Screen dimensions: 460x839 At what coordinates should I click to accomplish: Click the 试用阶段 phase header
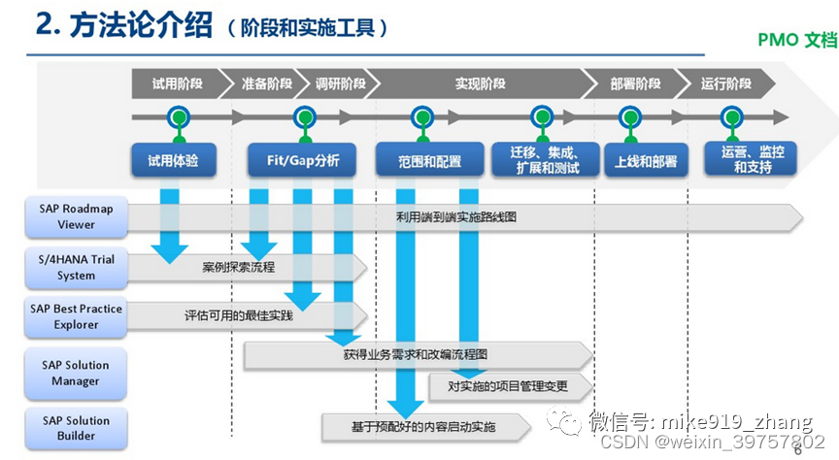click(x=172, y=83)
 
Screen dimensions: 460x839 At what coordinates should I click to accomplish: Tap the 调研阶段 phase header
click(x=340, y=83)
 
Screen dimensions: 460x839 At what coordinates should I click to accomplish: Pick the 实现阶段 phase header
click(x=480, y=83)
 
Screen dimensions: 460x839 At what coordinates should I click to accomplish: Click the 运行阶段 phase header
click(x=725, y=83)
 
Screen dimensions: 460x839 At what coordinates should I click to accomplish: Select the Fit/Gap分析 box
click(x=303, y=160)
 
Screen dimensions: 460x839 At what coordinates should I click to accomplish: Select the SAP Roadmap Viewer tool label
click(x=76, y=216)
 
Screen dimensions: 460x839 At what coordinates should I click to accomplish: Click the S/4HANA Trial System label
click(x=76, y=268)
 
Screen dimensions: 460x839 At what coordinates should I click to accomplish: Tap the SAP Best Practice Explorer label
click(x=76, y=317)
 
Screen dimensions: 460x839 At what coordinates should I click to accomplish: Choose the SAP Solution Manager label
click(x=76, y=374)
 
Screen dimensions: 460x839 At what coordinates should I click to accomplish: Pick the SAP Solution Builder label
click(x=76, y=428)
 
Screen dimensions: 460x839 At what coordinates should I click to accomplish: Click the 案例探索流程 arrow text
click(x=238, y=267)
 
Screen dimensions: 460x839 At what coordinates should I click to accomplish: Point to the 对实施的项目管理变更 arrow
click(x=508, y=386)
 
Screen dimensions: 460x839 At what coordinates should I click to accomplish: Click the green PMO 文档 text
click(x=796, y=41)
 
